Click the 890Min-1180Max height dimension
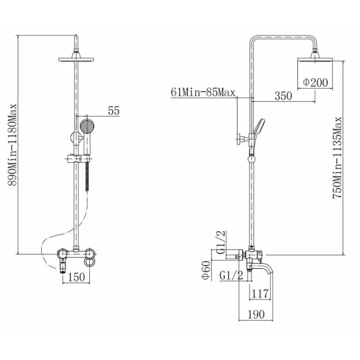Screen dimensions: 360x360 pyautogui.click(x=13, y=145)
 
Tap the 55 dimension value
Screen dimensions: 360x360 pyautogui.click(x=114, y=111)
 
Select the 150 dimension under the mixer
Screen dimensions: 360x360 pyautogui.click(x=77, y=277)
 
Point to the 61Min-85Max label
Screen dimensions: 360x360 pyautogui.click(x=203, y=93)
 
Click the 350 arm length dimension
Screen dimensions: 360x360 pyautogui.click(x=283, y=96)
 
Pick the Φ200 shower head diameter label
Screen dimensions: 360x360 pyautogui.click(x=316, y=82)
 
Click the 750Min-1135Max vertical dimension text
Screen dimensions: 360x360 pyautogui.click(x=337, y=157)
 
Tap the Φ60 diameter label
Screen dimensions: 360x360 pyautogui.click(x=206, y=270)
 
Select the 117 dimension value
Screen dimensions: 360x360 pyautogui.click(x=260, y=293)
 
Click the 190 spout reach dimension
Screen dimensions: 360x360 pyautogui.click(x=256, y=314)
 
